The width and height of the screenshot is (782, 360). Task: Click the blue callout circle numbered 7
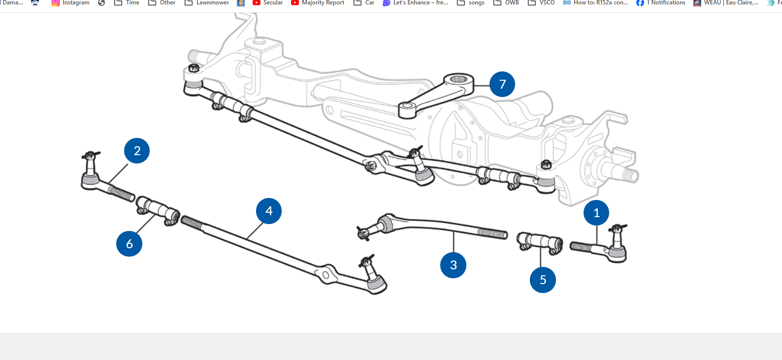coord(502,84)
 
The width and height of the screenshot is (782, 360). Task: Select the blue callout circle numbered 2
coord(137,151)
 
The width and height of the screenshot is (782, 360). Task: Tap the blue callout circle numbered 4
coord(269,211)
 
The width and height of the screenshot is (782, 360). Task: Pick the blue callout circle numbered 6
coord(129,243)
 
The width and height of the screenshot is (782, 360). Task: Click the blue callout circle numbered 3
coord(453,265)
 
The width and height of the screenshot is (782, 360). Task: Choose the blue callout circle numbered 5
coord(543,280)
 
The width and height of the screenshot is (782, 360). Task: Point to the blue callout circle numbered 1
coord(596,213)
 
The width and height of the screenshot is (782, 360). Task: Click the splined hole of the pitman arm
coord(458,79)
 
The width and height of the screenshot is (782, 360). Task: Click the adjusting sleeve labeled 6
coord(158,210)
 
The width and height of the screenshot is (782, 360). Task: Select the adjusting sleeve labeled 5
coord(540,242)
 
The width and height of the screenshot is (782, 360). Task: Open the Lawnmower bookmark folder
coord(207,3)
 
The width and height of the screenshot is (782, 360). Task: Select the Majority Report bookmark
coord(318,3)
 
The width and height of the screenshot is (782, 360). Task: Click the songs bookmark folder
coord(471,3)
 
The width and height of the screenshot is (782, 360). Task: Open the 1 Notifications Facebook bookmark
coord(661,3)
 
